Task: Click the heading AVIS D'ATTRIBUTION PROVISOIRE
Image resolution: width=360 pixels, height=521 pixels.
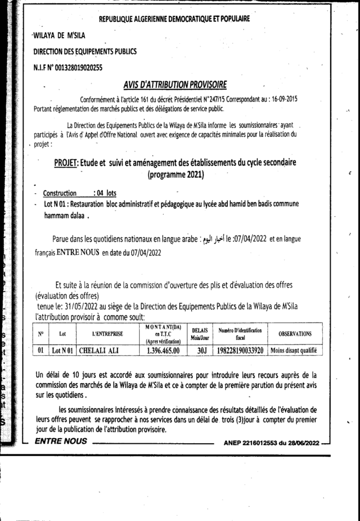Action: tap(175, 84)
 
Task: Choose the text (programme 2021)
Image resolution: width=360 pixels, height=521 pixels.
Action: tap(175, 176)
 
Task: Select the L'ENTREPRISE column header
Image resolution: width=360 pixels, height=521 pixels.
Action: tap(108, 334)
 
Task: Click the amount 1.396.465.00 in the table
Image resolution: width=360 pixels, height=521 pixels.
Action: tap(163, 350)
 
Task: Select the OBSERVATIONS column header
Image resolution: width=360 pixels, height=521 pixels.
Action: tap(295, 334)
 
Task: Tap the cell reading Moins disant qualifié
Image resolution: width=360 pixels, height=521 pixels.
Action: tap(294, 350)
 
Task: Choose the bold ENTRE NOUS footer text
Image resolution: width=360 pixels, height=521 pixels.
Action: tap(61, 442)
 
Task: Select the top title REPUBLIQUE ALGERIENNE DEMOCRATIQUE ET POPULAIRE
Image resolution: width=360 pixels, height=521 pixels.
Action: tap(174, 19)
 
